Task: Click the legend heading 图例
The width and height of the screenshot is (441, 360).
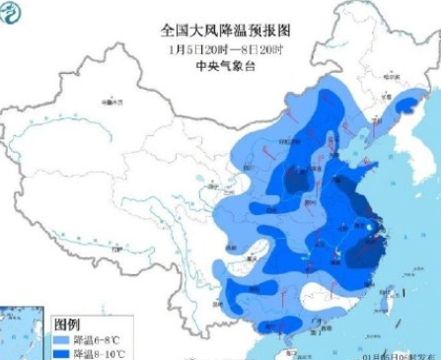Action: click(x=66, y=324)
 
